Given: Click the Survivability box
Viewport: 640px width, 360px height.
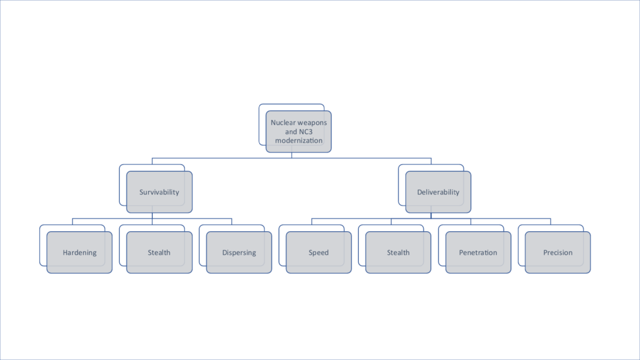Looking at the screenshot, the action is click(159, 192).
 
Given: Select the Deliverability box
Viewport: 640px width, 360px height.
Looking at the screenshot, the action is click(438, 192).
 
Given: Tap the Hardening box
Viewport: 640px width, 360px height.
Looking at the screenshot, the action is click(80, 253).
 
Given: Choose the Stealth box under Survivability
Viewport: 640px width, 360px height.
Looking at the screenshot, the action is click(159, 253).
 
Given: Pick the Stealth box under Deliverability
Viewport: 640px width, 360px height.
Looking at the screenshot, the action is click(398, 253).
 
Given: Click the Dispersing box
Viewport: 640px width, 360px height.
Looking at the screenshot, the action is click(239, 253).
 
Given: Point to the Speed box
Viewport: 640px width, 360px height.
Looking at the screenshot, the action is click(319, 253).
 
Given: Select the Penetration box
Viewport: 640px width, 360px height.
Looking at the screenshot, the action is click(478, 253).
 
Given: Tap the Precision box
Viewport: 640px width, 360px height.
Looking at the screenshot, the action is click(558, 253).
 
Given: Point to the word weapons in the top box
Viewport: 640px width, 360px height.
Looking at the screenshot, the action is click(312, 123).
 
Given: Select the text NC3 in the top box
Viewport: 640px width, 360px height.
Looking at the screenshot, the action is click(306, 132).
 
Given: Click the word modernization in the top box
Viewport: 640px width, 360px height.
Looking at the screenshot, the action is click(299, 141).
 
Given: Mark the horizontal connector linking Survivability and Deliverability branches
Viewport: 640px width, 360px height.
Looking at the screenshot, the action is click(291, 158).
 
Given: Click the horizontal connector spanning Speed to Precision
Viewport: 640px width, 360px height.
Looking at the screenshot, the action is click(431, 218).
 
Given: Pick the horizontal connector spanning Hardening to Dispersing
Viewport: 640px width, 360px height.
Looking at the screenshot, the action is click(152, 218).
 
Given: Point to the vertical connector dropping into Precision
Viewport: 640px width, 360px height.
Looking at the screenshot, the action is click(550, 222).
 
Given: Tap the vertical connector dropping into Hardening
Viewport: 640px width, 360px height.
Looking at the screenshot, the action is click(73, 222).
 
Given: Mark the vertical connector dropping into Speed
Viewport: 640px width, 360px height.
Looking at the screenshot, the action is click(312, 222).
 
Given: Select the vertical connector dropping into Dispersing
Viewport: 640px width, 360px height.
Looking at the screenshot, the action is click(232, 222).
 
